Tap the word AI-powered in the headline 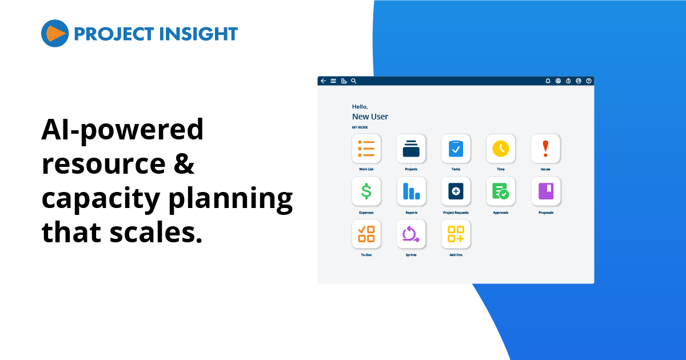pos(122,130)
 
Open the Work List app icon pos(366,149)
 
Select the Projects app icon pos(411,149)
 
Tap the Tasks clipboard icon pos(456,149)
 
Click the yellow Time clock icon pos(501,149)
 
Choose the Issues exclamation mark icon pos(545,149)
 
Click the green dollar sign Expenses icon pos(366,191)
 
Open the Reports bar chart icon pos(411,191)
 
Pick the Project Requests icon pos(456,191)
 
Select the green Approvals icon pos(501,191)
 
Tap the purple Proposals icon pos(546,191)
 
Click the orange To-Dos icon pos(366,234)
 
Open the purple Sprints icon pos(411,234)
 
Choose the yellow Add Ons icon pos(456,234)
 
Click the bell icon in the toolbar pos(548,81)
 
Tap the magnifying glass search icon pos(354,81)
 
